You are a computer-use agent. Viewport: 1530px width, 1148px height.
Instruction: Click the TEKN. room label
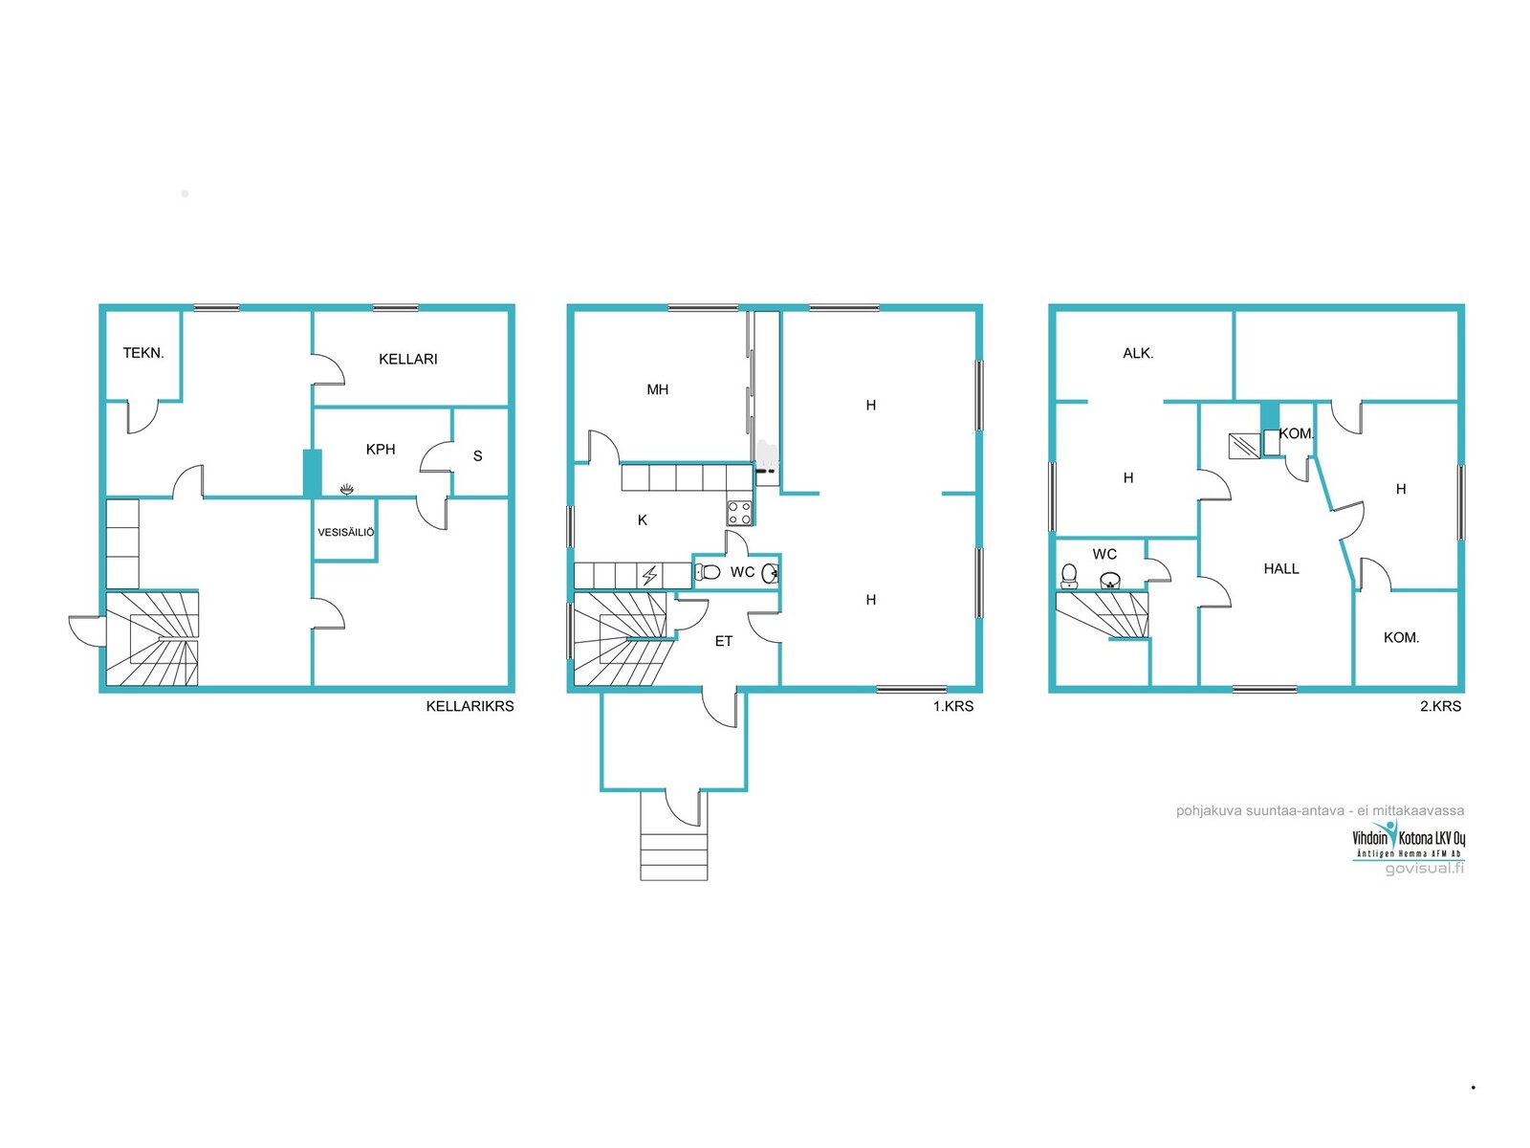143,353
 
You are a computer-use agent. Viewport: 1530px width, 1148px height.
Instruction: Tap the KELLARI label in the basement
407,359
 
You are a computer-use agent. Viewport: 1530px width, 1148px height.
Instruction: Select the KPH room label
381,450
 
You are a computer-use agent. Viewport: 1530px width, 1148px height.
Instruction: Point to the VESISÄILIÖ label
346,532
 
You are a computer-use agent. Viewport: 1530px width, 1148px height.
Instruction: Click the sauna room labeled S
477,456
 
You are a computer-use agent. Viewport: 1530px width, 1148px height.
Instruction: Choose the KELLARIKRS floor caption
470,706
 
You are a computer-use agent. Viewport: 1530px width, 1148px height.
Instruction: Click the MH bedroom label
657,389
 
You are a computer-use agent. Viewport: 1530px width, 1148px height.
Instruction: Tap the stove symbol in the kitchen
739,513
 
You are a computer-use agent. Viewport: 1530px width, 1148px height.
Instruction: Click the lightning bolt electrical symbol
649,576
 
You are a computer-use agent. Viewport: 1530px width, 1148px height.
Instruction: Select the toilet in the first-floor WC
708,572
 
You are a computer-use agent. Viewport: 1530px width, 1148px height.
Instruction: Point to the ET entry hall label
724,641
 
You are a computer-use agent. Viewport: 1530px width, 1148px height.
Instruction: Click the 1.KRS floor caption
952,706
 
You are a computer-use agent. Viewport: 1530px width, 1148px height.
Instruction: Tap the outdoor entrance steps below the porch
673,856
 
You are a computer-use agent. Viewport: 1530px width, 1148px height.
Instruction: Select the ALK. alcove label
1138,353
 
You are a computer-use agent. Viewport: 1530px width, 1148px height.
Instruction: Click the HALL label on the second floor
1281,569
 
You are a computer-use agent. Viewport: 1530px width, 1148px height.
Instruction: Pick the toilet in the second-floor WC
1068,576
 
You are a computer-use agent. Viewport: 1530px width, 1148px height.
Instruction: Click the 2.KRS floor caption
1440,706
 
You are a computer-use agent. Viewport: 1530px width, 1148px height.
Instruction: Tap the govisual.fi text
1424,869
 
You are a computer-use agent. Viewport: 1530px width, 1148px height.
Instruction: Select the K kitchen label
642,520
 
